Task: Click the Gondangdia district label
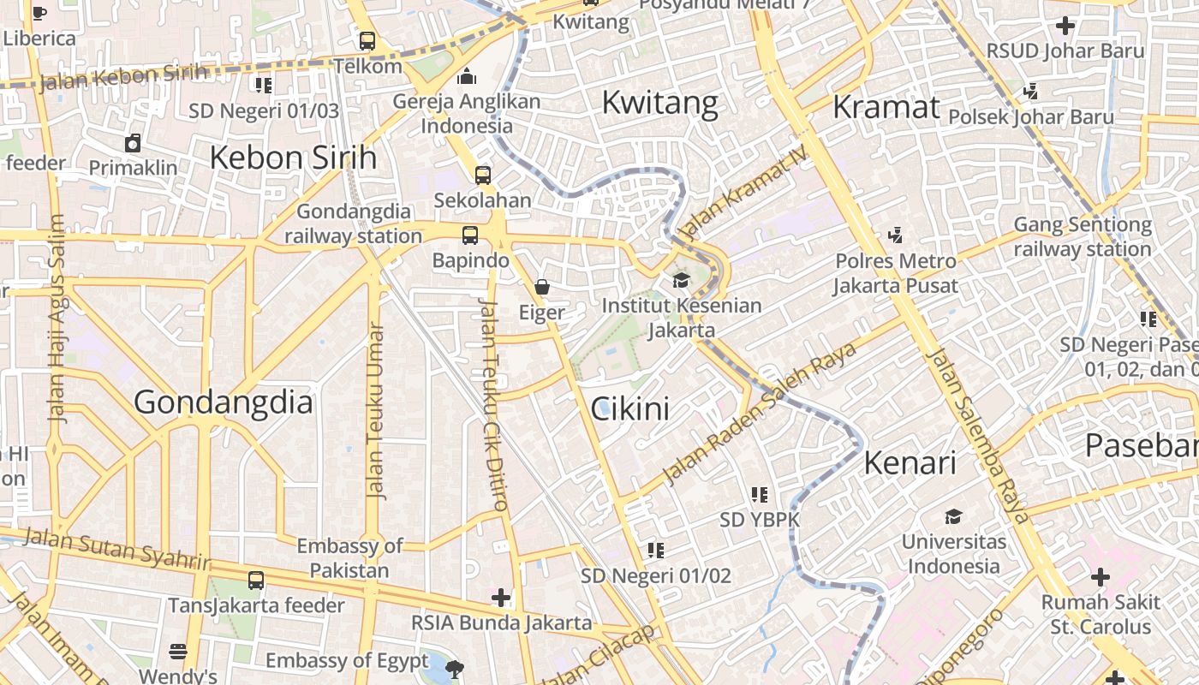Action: coord(223,402)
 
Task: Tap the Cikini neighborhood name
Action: coord(630,409)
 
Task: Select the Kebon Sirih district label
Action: coord(293,158)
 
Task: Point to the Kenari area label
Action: coord(910,463)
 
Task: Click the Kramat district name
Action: coord(886,107)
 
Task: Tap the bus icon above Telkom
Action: coord(367,40)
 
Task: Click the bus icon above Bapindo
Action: coord(470,235)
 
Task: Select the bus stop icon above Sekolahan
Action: coord(483,175)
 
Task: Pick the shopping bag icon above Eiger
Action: coord(542,287)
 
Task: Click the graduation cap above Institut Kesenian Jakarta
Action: coord(681,280)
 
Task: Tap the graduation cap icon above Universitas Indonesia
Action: coord(953,516)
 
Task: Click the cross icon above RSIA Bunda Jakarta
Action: coord(501,597)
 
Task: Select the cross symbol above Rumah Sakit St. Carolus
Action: coord(1101,576)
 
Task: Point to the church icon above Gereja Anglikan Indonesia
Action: coord(467,76)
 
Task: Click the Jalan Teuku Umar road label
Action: coord(374,411)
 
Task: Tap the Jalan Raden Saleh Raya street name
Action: coord(761,414)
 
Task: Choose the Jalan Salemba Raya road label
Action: coord(978,437)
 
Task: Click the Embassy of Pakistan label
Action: coord(349,557)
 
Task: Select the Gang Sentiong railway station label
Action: coord(1083,237)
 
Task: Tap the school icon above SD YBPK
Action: coord(760,494)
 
